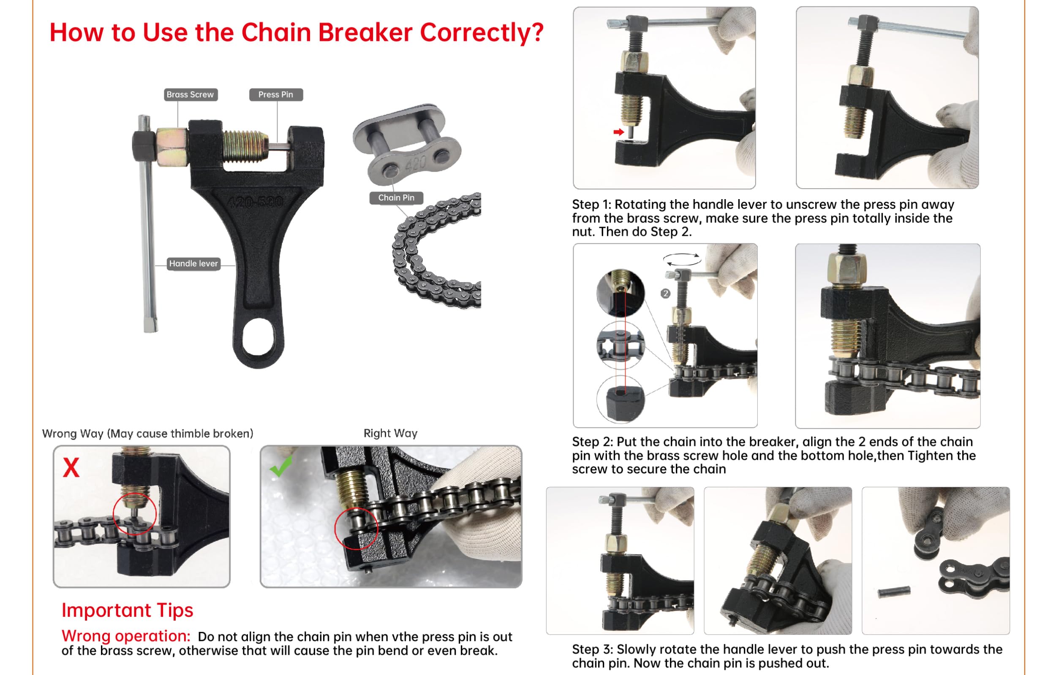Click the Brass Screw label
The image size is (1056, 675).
click(191, 94)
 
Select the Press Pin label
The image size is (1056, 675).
click(275, 94)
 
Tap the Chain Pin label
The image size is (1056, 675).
click(396, 198)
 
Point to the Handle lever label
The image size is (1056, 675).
click(193, 263)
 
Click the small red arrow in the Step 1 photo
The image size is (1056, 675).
click(618, 132)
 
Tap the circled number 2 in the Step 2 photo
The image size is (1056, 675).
click(665, 294)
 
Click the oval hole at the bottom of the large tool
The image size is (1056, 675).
click(259, 337)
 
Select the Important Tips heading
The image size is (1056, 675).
click(127, 610)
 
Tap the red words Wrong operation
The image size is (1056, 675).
click(126, 636)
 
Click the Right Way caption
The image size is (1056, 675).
click(390, 434)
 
